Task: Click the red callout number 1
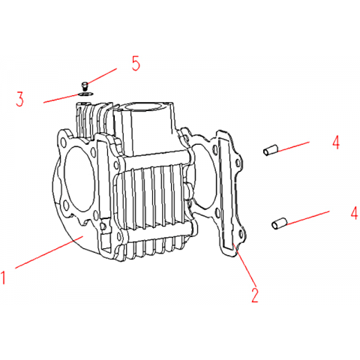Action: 3,277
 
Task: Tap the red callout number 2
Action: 254,295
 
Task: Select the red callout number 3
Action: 19,99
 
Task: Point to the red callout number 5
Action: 136,63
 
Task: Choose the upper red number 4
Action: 336,142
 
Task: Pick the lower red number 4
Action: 354,213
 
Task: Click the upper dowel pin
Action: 270,149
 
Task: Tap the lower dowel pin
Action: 280,223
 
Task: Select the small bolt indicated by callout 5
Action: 85,85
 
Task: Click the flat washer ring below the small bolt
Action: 85,94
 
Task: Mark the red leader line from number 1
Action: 49,253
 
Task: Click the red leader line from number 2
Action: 244,265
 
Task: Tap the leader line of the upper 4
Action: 293,146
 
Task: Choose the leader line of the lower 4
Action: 308,217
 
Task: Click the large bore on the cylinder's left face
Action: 79,178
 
